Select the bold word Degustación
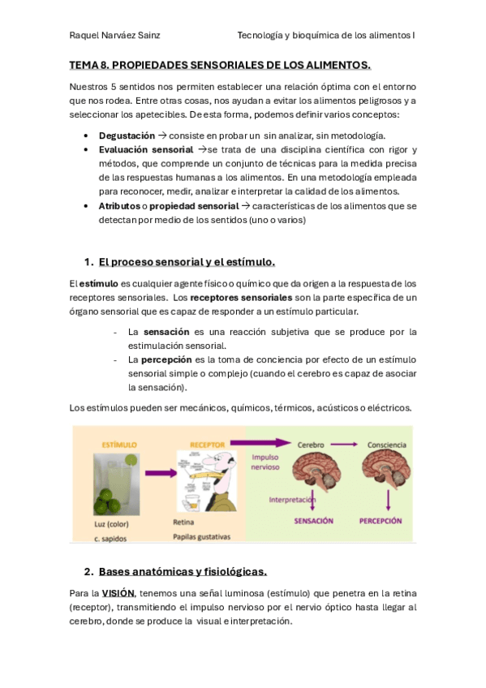(127, 135)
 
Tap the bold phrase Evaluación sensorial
(145, 150)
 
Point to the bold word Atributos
(119, 206)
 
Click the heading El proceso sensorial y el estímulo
(187, 261)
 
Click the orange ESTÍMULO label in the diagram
(118, 445)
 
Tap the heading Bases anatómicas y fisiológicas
(183, 571)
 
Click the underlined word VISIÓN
(118, 593)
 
